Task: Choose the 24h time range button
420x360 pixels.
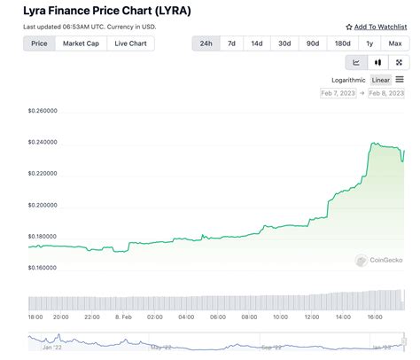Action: pyautogui.click(x=206, y=43)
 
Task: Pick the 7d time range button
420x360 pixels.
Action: pyautogui.click(x=232, y=43)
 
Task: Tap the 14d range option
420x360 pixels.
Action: pyautogui.click(x=257, y=43)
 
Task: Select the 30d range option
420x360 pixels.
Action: pyautogui.click(x=284, y=43)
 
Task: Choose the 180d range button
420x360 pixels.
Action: pyautogui.click(x=341, y=43)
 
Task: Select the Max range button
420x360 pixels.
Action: pyautogui.click(x=394, y=43)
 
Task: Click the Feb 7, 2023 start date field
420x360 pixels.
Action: pyautogui.click(x=338, y=93)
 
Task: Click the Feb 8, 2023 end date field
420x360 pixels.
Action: pyautogui.click(x=385, y=93)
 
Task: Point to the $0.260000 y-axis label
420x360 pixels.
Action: pyautogui.click(x=43, y=111)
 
